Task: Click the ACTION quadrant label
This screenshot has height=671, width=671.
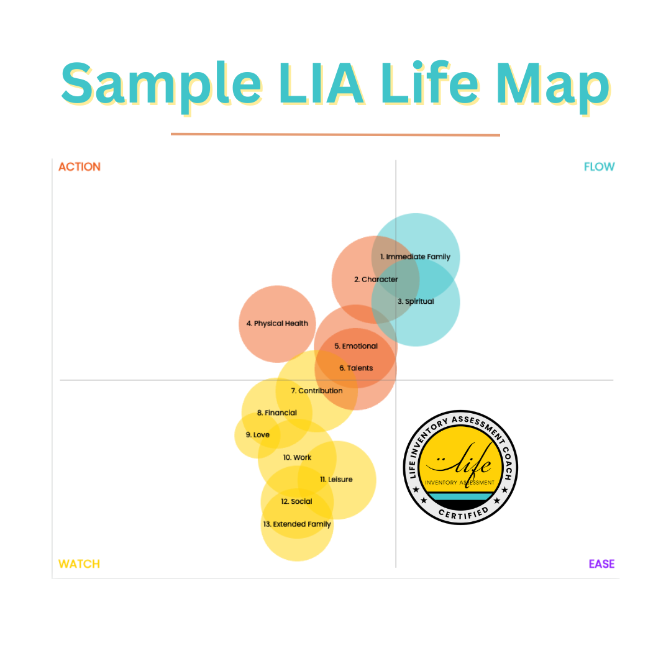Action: (79, 167)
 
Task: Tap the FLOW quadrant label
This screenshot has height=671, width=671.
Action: (599, 167)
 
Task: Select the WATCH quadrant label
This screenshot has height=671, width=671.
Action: (79, 564)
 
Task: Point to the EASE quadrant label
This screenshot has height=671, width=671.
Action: (601, 564)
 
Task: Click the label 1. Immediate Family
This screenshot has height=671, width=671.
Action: (415, 257)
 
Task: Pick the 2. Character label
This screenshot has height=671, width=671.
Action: (376, 280)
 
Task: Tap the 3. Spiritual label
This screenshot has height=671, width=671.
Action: (416, 301)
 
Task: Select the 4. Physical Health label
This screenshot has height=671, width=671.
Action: (277, 324)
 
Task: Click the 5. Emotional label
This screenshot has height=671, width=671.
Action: (356, 346)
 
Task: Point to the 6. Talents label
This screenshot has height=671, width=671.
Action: (356, 368)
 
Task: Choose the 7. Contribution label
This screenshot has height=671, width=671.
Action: (317, 391)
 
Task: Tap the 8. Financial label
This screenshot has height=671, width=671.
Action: (277, 413)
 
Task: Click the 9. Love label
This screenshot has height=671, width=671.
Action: (257, 435)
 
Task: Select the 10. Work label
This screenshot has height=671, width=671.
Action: (297, 457)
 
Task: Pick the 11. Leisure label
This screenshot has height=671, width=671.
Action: (336, 480)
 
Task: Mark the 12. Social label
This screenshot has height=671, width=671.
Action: (296, 501)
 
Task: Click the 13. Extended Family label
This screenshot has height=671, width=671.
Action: (297, 524)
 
